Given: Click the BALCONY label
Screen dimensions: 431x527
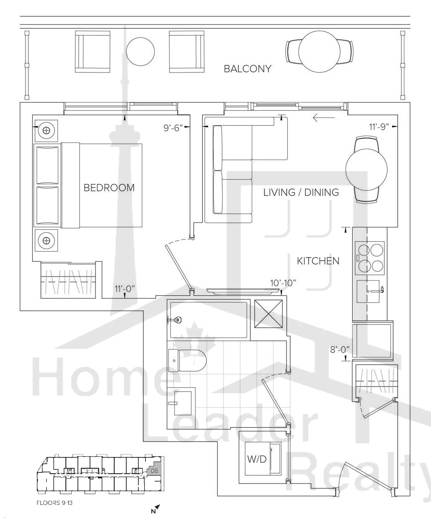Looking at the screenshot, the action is tap(247, 69).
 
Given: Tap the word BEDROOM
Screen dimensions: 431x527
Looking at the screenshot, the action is tap(109, 187).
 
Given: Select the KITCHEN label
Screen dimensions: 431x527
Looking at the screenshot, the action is tap(318, 261).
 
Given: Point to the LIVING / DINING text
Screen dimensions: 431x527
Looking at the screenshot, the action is tap(301, 192).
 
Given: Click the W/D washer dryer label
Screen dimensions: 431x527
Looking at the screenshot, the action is tap(257, 459).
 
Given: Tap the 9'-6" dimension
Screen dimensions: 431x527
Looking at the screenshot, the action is tap(173, 128).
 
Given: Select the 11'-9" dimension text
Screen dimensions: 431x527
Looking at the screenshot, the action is tap(379, 127).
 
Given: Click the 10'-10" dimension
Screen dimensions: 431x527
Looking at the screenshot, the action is tap(283, 283).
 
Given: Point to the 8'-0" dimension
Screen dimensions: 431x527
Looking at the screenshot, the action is tap(340, 350).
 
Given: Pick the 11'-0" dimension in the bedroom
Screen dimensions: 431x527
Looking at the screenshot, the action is tap(125, 289).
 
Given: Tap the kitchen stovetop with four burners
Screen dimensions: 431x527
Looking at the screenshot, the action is tap(369, 258).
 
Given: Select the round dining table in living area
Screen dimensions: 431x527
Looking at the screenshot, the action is tap(366, 170).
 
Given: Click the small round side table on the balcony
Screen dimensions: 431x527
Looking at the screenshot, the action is tap(140, 52).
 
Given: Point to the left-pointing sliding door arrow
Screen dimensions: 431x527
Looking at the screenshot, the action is tap(324, 117).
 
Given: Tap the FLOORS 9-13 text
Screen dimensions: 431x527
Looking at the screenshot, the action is tap(55, 503).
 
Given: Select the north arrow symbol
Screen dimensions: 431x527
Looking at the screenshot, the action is tap(155, 509).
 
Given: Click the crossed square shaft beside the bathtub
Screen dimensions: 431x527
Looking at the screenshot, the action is tap(268, 314).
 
